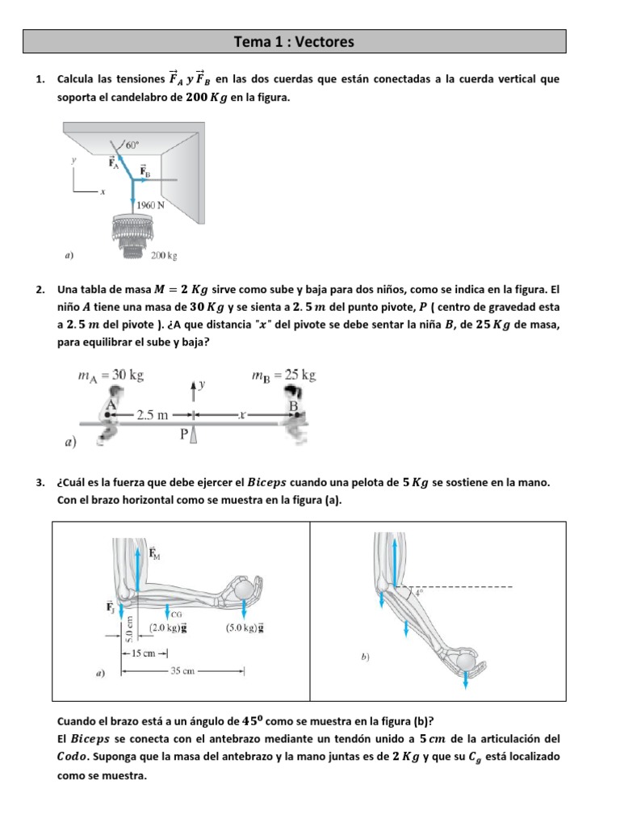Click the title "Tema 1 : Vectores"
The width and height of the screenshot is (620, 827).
pyautogui.click(x=294, y=41)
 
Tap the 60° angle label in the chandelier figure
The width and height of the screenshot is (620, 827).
pyautogui.click(x=132, y=145)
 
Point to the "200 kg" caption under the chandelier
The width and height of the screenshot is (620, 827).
pyautogui.click(x=164, y=256)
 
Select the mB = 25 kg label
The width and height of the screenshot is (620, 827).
pyautogui.click(x=283, y=375)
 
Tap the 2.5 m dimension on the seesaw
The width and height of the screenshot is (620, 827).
pyautogui.click(x=152, y=415)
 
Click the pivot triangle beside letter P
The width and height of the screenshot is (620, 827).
pyautogui.click(x=194, y=436)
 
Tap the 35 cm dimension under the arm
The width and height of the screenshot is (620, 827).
pyautogui.click(x=182, y=670)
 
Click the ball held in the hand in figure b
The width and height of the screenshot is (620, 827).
pyautogui.click(x=467, y=662)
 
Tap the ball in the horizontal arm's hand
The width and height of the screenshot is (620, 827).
pyautogui.click(x=245, y=589)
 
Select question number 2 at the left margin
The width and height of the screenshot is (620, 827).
pyautogui.click(x=40, y=289)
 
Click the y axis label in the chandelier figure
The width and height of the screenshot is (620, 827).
pyautogui.click(x=73, y=161)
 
